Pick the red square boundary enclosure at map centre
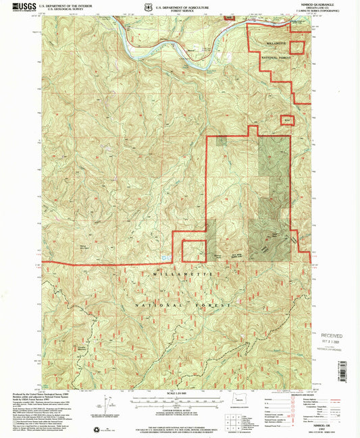[195, 251]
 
